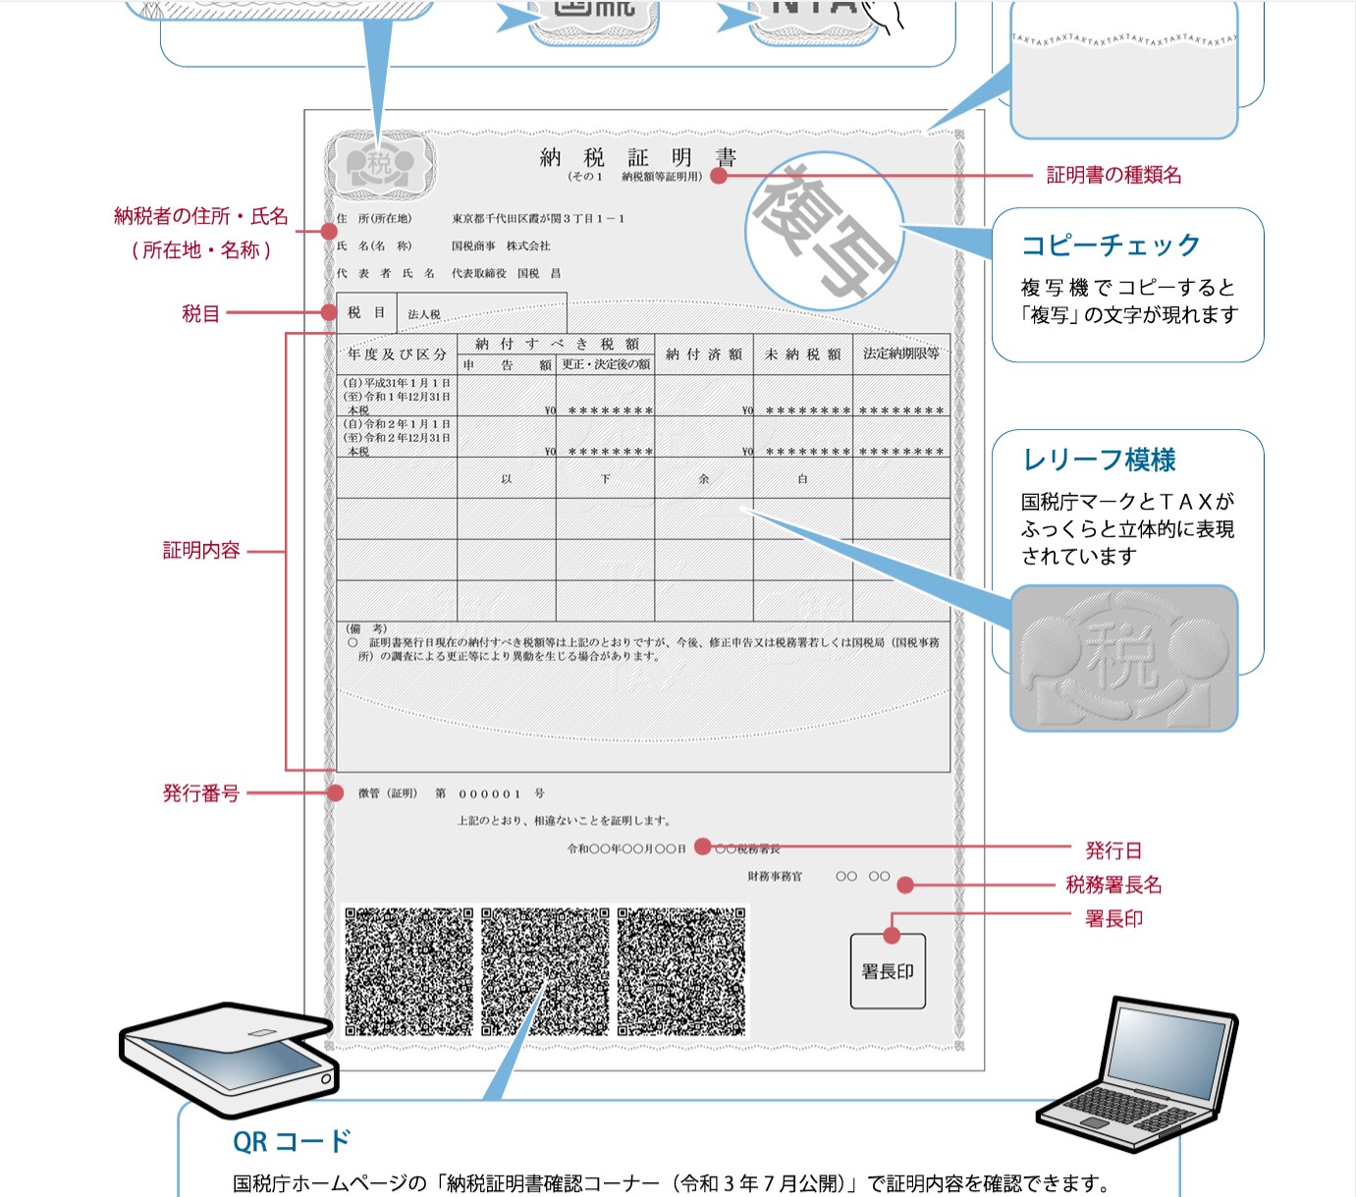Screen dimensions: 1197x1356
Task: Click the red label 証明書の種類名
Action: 1113,176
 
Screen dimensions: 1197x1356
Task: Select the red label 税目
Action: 200,313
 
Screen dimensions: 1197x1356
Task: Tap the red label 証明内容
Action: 201,551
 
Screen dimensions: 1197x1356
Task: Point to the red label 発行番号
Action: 201,793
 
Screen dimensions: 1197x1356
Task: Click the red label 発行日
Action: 1113,850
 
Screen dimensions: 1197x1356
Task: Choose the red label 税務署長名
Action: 1113,885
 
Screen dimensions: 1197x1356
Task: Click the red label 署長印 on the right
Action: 1113,919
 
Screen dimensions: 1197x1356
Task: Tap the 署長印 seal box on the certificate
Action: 888,971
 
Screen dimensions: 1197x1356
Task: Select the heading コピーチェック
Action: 1111,245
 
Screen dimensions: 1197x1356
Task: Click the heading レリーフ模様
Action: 1099,460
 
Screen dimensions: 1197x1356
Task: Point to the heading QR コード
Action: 292,1141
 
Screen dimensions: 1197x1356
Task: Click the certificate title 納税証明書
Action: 637,157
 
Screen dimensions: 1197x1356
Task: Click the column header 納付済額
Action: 704,354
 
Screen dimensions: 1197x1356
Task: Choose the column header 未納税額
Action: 802,354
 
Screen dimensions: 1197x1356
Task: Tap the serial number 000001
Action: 489,793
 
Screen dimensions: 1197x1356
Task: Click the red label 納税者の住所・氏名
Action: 201,216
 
